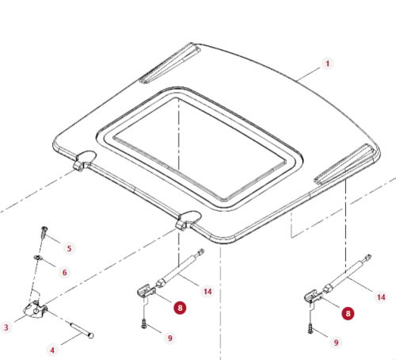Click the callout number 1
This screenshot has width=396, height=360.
point(328,63)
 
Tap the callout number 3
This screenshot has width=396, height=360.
point(6,327)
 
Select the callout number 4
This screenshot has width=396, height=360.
point(52,350)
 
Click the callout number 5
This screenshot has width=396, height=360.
point(69,248)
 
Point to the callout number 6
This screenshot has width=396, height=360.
point(64,273)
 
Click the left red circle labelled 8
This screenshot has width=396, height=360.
point(180,308)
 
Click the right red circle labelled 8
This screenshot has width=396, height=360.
point(348,313)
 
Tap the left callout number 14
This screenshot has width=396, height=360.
point(208,292)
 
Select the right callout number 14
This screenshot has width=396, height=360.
point(381,297)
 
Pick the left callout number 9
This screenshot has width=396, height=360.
point(170,338)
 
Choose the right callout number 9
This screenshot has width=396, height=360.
point(336,343)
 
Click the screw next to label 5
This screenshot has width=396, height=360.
point(44,232)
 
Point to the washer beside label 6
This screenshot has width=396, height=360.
point(37,257)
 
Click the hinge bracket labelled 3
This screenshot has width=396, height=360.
point(36,309)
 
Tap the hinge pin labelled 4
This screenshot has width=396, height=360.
point(81,330)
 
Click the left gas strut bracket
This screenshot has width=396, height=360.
point(146,291)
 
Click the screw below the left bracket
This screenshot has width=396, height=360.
point(144,324)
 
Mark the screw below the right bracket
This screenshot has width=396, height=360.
point(310,329)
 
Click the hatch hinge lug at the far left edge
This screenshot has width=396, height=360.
point(84,160)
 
